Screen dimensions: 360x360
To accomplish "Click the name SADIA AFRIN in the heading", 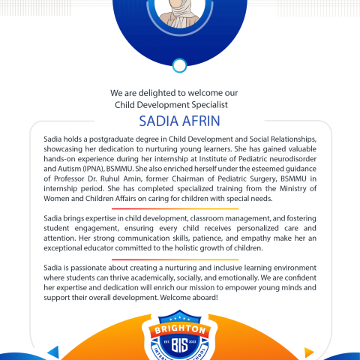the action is [x=179, y=120].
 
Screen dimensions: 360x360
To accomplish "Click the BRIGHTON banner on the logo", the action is [x=179, y=329].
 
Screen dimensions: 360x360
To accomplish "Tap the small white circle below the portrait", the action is [x=179, y=66].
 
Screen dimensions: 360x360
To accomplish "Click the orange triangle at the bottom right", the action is [x=308, y=351].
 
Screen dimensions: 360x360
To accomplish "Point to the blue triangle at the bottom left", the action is [x=52, y=351].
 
